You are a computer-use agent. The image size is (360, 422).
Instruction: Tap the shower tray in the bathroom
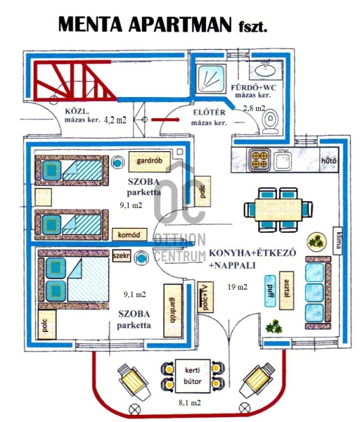coord(210,78)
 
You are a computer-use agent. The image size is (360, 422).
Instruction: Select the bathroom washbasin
coord(265,70)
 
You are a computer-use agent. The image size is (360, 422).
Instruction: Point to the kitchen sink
coord(283,160)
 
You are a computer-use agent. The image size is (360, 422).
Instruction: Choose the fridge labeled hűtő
coord(329,160)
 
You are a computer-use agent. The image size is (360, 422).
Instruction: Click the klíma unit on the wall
coord(338,241)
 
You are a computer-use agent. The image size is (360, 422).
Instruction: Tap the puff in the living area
coord(271,291)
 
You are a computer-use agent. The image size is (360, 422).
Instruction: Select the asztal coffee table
coord(286,290)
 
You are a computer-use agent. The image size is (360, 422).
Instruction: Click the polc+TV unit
coord(205,297)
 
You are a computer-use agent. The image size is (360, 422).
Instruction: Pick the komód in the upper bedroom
coord(129,235)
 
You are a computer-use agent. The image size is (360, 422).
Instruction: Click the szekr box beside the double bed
coord(122,255)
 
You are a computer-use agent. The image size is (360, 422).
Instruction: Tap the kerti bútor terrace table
coord(193,376)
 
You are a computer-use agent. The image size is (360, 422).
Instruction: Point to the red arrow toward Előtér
coord(165,120)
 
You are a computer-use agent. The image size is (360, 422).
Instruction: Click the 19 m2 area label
coord(238,287)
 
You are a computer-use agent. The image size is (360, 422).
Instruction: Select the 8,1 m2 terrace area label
coord(190,402)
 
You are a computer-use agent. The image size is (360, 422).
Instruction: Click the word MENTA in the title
coord(91,25)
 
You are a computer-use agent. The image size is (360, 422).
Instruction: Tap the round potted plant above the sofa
coord(316,242)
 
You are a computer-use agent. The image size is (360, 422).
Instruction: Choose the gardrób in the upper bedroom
coord(150,162)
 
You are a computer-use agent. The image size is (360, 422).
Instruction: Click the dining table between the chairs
coord(278,210)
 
